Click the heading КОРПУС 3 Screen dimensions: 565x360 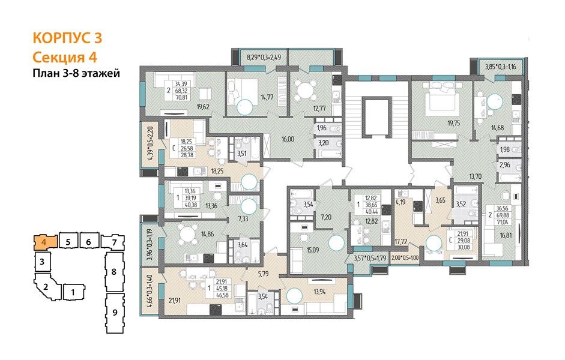pos(67,38)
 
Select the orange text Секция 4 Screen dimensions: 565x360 pos(65,57)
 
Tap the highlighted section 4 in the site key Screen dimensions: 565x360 pos(45,242)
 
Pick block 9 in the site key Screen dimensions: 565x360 pos(115,312)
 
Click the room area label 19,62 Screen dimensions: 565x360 pos(203,107)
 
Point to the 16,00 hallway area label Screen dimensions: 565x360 pos(288,139)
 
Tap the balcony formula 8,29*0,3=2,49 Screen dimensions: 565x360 pos(264,57)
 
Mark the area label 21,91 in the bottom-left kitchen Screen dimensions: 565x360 pos(174,299)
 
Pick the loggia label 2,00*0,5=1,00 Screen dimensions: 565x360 pos(405,258)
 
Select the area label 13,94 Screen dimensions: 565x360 pos(319,292)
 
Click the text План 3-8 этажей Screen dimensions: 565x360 pos(76,73)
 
